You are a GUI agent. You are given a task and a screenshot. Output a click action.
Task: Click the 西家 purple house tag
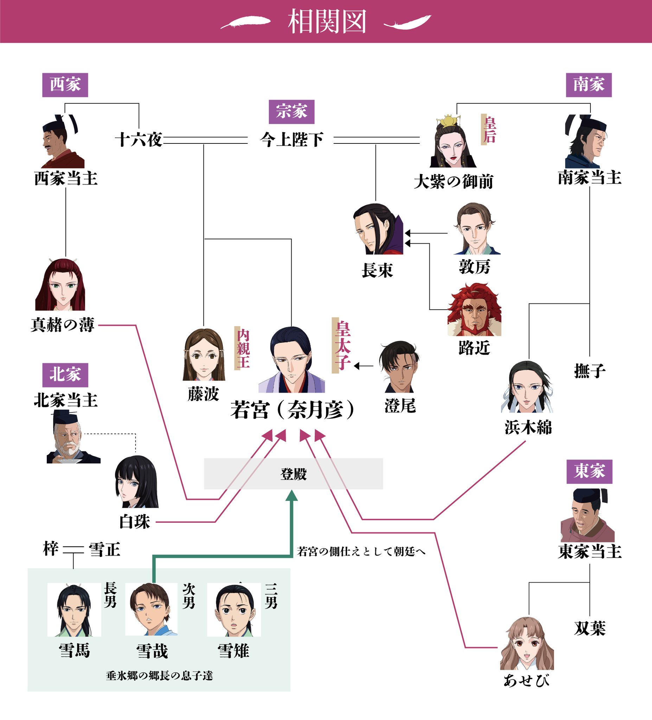pyautogui.click(x=65, y=85)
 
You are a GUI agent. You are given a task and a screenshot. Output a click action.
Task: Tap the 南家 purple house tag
pyautogui.click(x=588, y=85)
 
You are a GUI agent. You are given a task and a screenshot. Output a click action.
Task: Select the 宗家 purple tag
pyautogui.click(x=291, y=112)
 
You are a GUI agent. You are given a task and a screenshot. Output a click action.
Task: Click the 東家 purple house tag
pyautogui.click(x=589, y=471)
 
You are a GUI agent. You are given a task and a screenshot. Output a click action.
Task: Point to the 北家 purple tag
pyautogui.click(x=65, y=375)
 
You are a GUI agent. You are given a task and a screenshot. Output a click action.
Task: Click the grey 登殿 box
pyautogui.click(x=293, y=474)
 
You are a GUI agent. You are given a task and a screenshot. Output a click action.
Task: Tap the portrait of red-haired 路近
pyautogui.click(x=474, y=310)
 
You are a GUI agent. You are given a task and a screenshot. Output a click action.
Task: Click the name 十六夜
pyautogui.click(x=139, y=140)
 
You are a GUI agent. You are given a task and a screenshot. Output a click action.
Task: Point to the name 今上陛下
pyautogui.click(x=291, y=140)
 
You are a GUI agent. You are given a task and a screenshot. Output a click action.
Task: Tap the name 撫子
pyautogui.click(x=589, y=371)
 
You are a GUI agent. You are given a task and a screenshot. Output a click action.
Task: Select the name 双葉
pyautogui.click(x=589, y=628)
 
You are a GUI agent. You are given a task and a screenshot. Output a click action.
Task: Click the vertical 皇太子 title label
pyautogui.click(x=342, y=345)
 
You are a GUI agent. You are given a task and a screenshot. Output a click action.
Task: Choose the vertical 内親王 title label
pyautogui.click(x=243, y=348)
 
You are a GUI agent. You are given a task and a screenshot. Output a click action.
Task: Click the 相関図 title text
pyautogui.click(x=327, y=21)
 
